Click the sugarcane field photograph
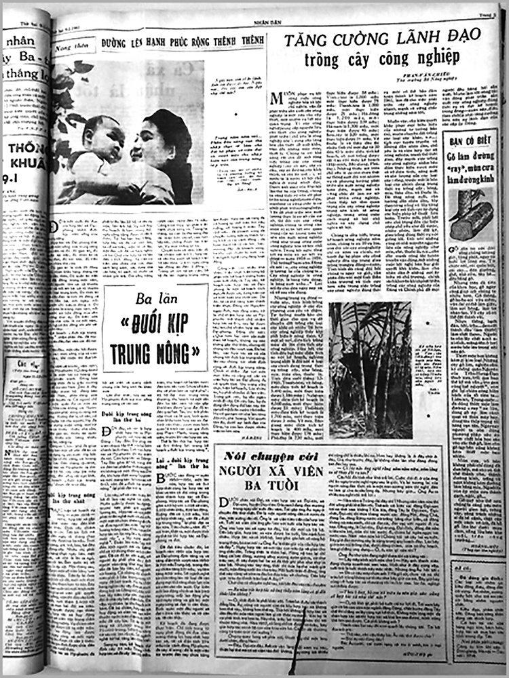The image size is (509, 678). pos(370,370)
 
